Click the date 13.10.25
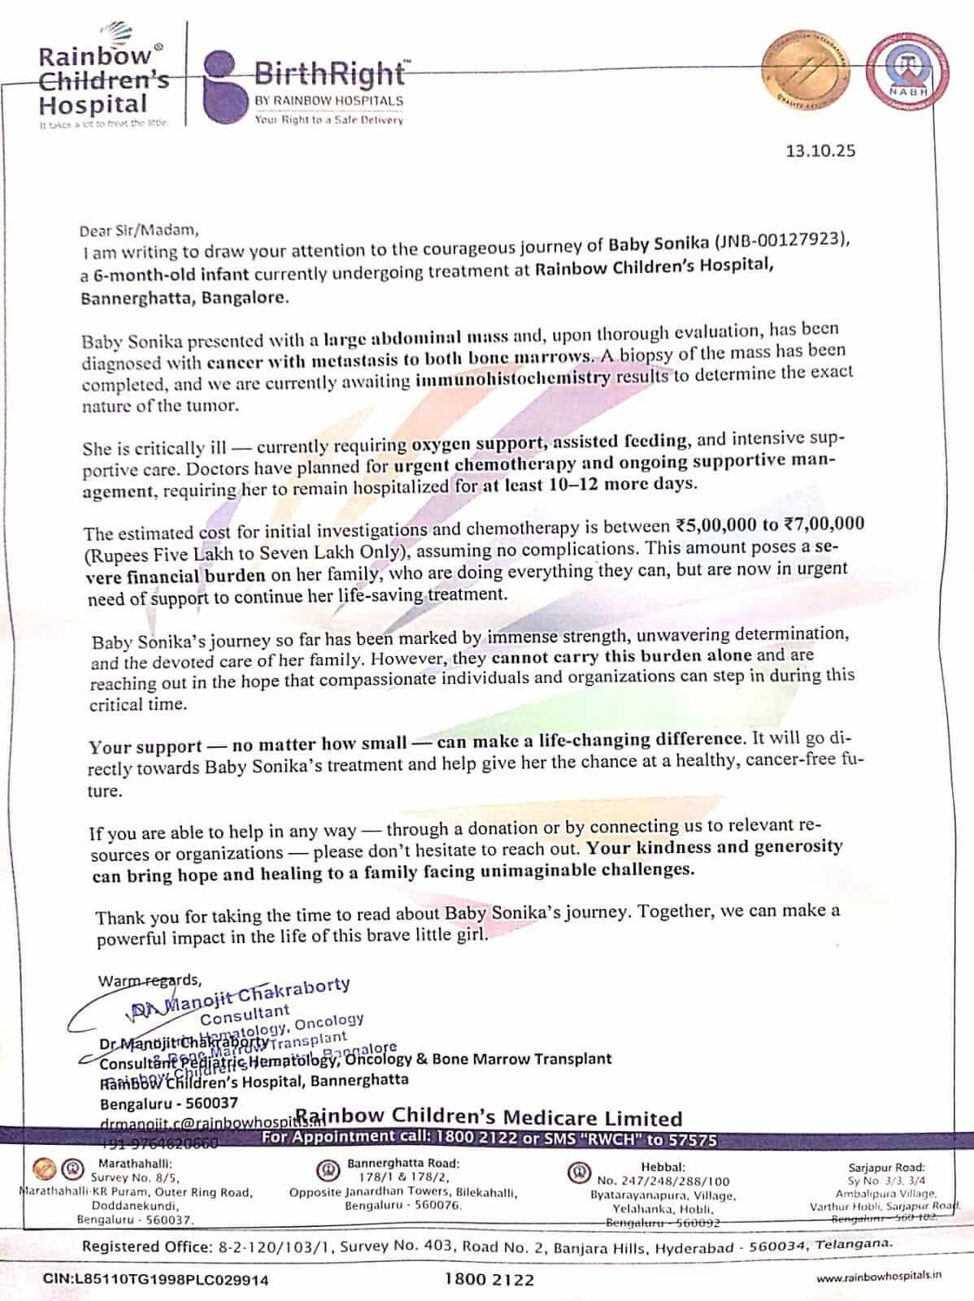point(820,150)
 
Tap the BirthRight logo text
point(328,74)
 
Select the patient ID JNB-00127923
point(781,241)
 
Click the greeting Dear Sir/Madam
point(139,229)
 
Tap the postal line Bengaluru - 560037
point(169,1103)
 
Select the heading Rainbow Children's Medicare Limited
point(488,1118)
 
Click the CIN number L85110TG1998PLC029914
point(155,1279)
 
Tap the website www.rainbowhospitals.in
point(878,1277)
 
